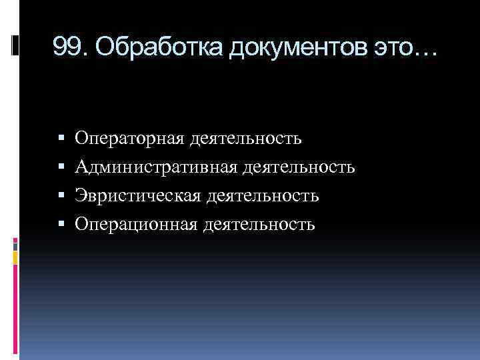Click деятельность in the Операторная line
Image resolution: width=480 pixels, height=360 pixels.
(x=246, y=139)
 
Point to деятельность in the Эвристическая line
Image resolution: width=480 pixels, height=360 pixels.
(x=263, y=196)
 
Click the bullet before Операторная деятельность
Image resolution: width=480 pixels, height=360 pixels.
(x=61, y=139)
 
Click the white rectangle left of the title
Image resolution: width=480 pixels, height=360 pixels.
(x=15, y=45)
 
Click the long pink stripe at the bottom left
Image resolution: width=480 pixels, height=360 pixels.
(x=15, y=313)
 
